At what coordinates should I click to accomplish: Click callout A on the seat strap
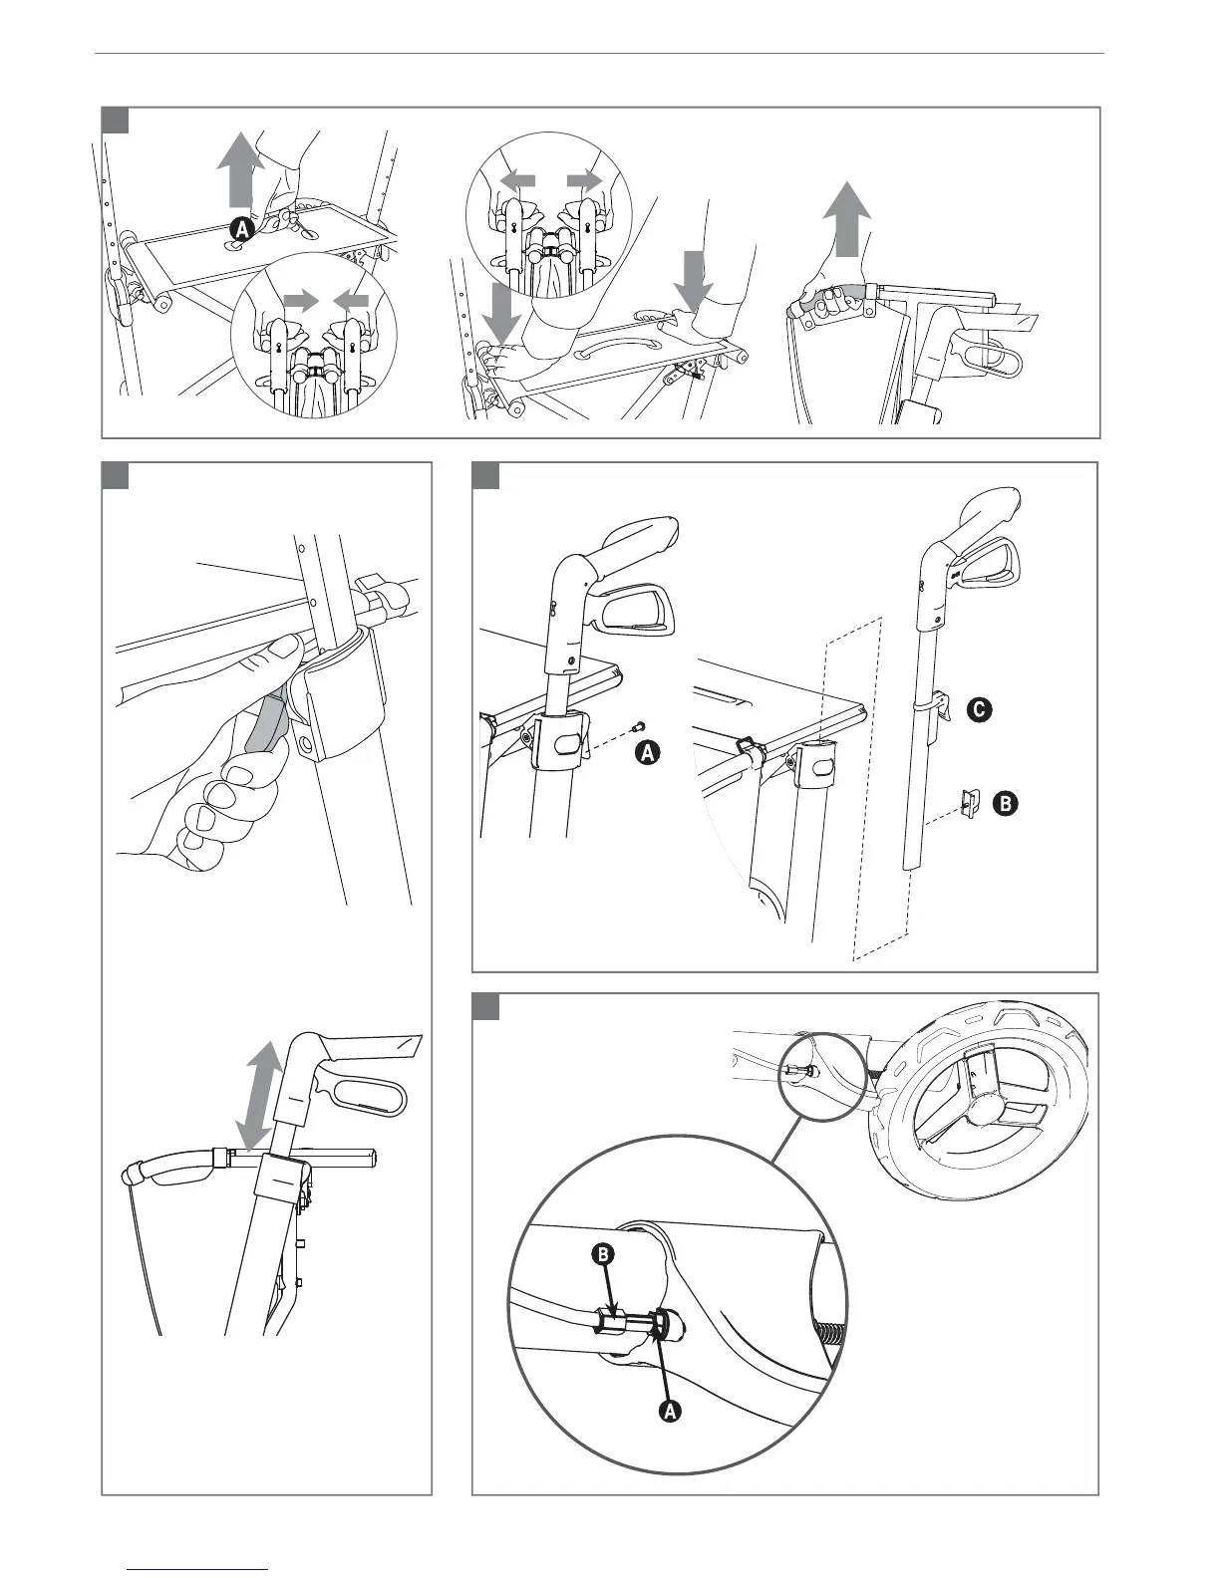pyautogui.click(x=242, y=229)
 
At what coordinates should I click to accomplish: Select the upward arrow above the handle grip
pyautogui.click(x=846, y=218)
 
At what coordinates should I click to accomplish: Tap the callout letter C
pyautogui.click(x=979, y=709)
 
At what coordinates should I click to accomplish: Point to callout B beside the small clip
pyautogui.click(x=1006, y=804)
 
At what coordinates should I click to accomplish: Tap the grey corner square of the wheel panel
pyautogui.click(x=485, y=1006)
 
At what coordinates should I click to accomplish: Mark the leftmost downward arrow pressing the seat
pyautogui.click(x=502, y=310)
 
